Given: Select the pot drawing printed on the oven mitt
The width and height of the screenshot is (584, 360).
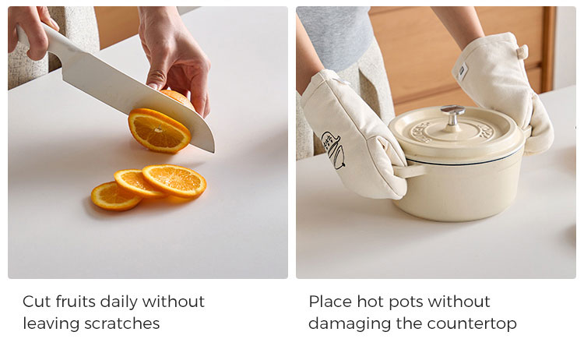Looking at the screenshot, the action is click(333, 150).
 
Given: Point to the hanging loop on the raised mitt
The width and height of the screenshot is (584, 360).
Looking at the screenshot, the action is click(522, 51).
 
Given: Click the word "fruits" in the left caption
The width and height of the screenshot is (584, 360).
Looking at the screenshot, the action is click(76, 302).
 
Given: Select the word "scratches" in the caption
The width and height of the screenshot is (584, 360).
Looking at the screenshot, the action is click(122, 323).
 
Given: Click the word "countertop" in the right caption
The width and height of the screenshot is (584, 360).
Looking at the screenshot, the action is click(472, 324).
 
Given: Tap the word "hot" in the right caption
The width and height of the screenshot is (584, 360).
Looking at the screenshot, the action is click(369, 302).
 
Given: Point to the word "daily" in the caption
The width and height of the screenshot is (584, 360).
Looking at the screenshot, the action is click(119, 302).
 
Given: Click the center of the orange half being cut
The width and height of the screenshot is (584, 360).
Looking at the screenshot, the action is click(160, 130).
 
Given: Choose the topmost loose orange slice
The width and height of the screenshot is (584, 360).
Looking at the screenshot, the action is click(174, 180).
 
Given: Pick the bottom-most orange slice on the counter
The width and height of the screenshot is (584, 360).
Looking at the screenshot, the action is click(115, 196).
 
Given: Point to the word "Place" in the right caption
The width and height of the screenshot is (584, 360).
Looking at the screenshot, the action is click(330, 302).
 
